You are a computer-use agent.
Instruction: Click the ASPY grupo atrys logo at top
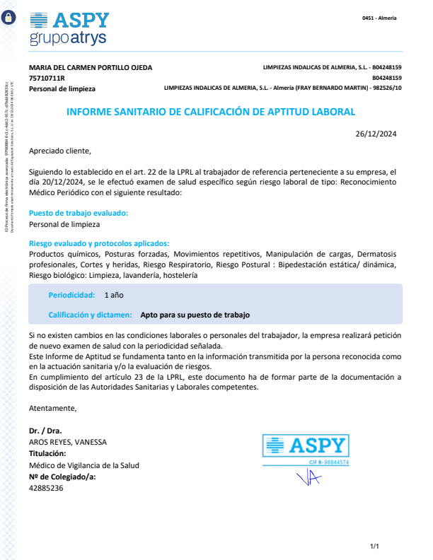pos(69,28)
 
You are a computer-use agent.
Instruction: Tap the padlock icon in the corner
pos(10,22)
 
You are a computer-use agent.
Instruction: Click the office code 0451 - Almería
pos(379,18)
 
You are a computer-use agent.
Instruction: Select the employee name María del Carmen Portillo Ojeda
pos(90,68)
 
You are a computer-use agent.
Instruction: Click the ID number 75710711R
pos(47,78)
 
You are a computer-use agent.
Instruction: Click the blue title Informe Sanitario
pos(211,112)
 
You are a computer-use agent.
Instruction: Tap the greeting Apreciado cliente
pos(60,151)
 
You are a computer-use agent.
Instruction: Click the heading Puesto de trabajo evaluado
pos(79,213)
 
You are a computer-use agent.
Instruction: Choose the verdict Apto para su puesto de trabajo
pos(195,315)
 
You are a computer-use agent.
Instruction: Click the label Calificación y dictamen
pos(90,315)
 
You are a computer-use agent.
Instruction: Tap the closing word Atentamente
pos(52,408)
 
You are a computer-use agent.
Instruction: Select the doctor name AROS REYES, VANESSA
pos(68,442)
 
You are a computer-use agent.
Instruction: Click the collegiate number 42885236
pos(46,488)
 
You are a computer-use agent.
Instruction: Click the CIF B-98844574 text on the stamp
pos(329,462)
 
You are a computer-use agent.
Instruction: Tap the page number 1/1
pos(375,547)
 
